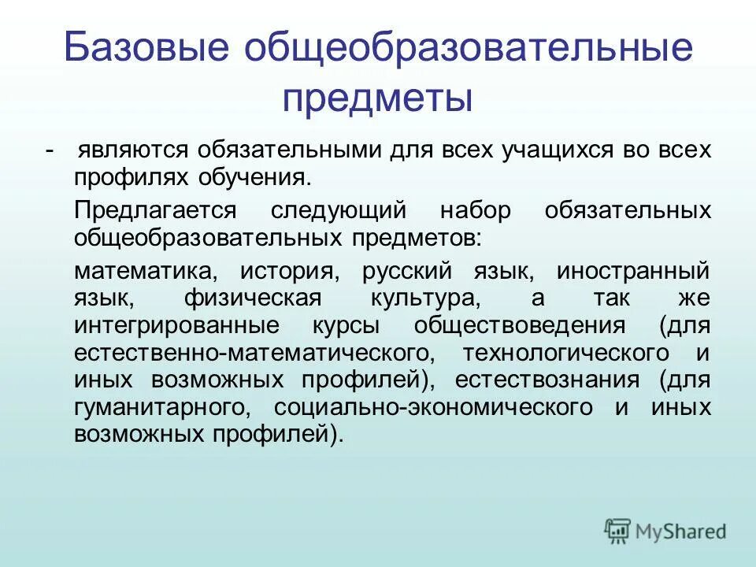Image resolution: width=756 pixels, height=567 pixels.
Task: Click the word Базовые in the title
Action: [x=146, y=50]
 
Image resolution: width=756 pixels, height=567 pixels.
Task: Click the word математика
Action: [x=145, y=272]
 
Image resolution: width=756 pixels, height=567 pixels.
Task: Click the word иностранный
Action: [x=633, y=272]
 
